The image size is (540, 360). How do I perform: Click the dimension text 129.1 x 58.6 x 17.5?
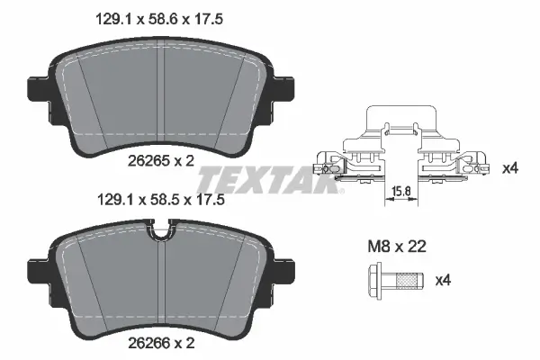point(158,19)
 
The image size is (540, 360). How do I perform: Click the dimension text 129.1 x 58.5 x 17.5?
point(161,200)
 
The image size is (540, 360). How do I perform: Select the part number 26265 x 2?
point(161,160)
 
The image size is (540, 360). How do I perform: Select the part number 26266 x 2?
point(161,343)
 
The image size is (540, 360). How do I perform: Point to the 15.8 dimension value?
point(401,191)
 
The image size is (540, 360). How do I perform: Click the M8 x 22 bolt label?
point(397,247)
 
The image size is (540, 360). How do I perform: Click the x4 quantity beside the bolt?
point(443,281)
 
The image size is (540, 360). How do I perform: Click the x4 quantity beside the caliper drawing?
point(510,168)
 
